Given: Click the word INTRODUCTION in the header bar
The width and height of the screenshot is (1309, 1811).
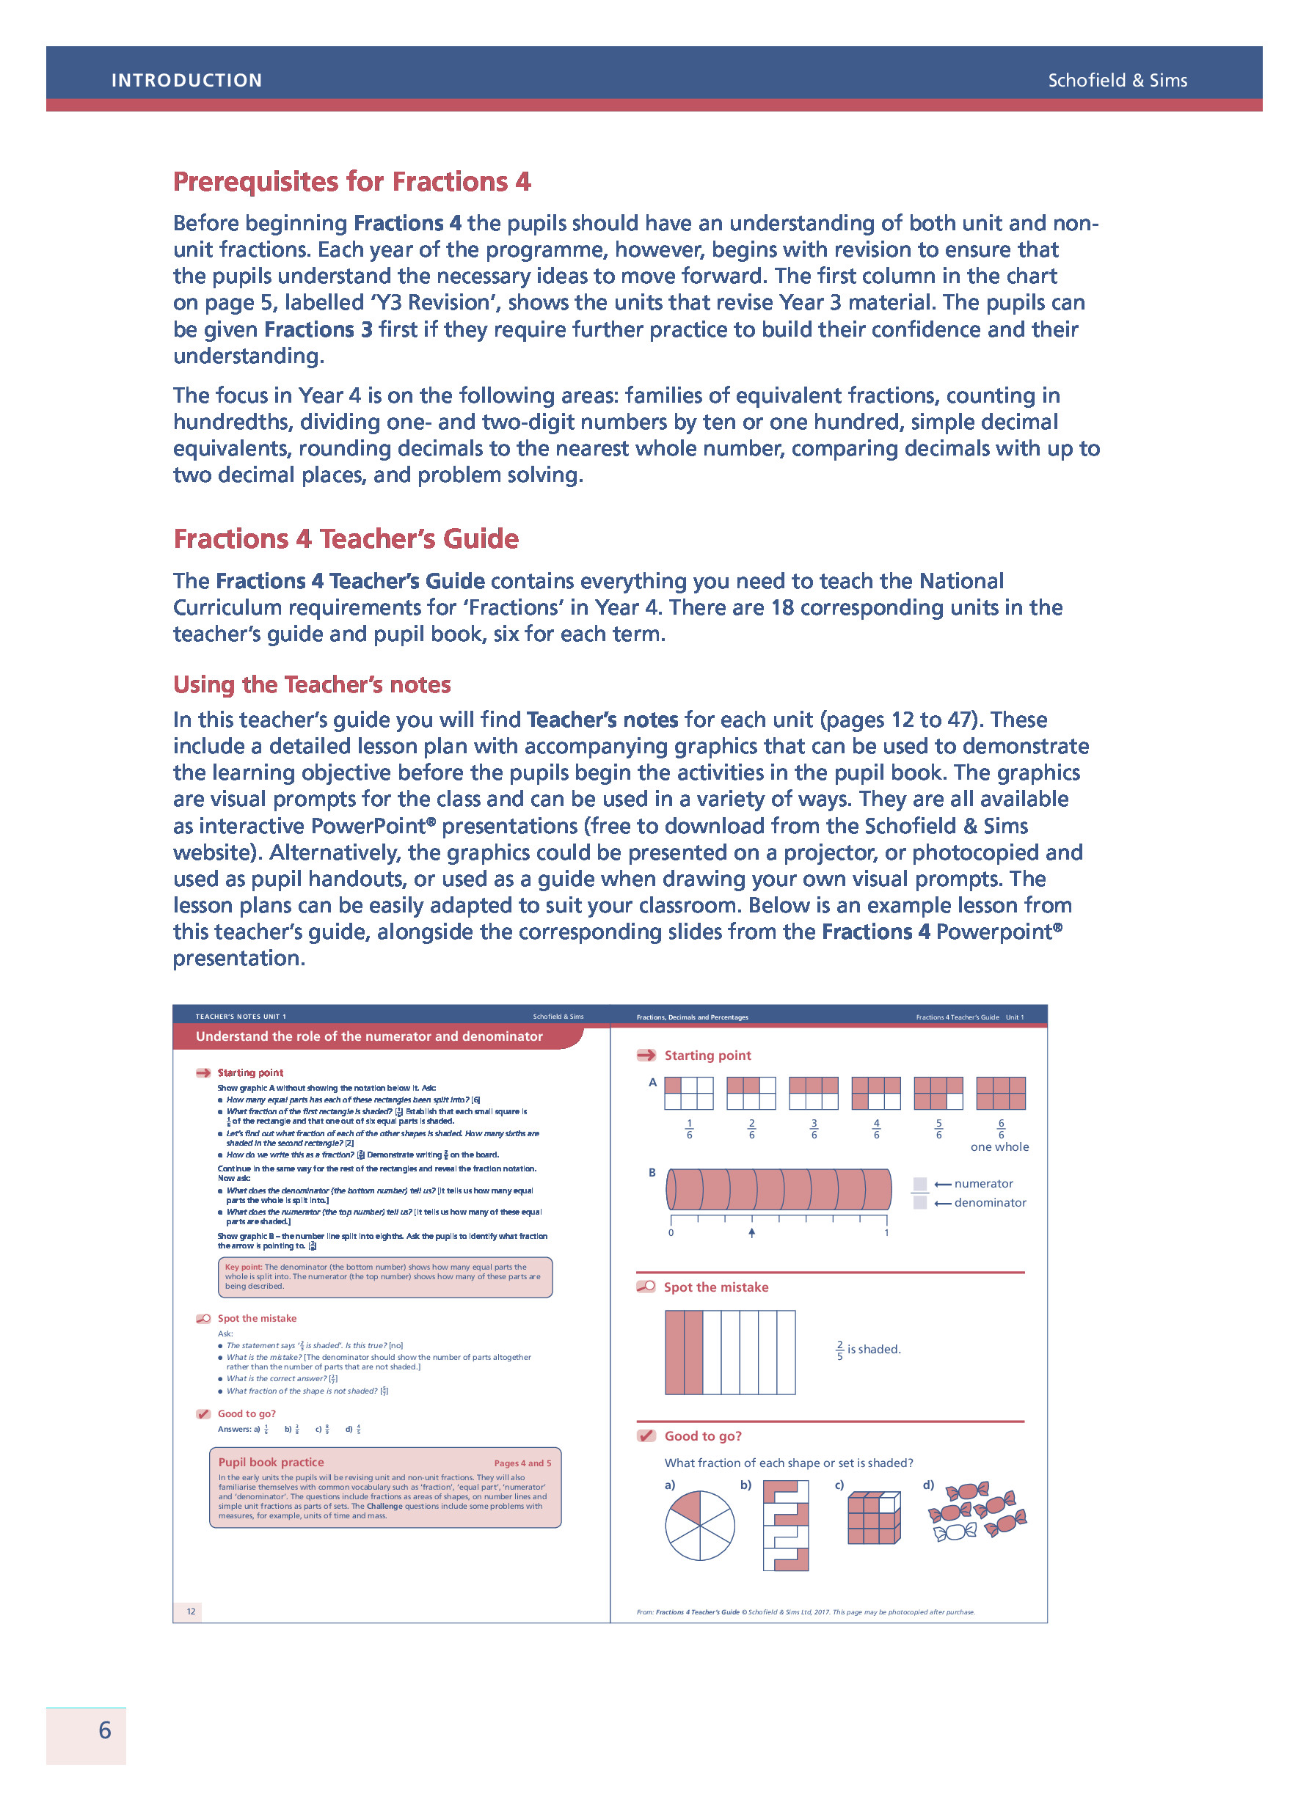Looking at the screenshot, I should pyautogui.click(x=186, y=81).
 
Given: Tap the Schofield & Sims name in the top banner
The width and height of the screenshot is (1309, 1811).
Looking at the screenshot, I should pyautogui.click(x=1117, y=81).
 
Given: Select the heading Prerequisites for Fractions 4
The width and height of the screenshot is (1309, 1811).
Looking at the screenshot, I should pyautogui.click(x=351, y=182).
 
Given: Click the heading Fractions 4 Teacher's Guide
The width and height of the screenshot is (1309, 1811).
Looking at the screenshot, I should pyautogui.click(x=346, y=539).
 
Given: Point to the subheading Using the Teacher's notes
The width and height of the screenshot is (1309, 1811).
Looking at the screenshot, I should pyautogui.click(x=312, y=684).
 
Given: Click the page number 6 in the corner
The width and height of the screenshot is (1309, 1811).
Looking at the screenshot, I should pyautogui.click(x=105, y=1730).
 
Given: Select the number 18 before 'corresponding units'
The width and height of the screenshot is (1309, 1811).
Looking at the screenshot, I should pyautogui.click(x=782, y=607).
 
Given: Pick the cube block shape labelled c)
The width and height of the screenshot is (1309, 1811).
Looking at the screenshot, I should pyautogui.click(x=874, y=1517).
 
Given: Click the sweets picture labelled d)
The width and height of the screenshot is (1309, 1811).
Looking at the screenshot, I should pyautogui.click(x=976, y=1511).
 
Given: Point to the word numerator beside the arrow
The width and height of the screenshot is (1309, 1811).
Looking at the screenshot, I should pyautogui.click(x=983, y=1183).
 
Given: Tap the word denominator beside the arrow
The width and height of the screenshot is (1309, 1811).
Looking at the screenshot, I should pyautogui.click(x=990, y=1202).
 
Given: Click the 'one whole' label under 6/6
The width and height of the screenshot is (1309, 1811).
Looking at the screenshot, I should pyautogui.click(x=999, y=1146).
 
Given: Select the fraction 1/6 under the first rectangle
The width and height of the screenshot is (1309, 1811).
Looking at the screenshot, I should pyautogui.click(x=689, y=1129).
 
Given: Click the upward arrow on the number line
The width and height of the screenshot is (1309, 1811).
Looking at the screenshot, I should pyautogui.click(x=751, y=1233).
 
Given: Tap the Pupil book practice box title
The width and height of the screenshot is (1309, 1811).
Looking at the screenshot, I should pyautogui.click(x=271, y=1462).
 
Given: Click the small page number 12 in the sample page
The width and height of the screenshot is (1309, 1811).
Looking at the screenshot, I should pyautogui.click(x=191, y=1611).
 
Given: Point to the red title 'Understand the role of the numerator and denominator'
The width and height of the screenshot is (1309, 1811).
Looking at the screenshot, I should pyautogui.click(x=369, y=1036).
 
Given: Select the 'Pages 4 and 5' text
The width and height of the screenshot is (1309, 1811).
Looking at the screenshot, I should pyautogui.click(x=522, y=1463).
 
